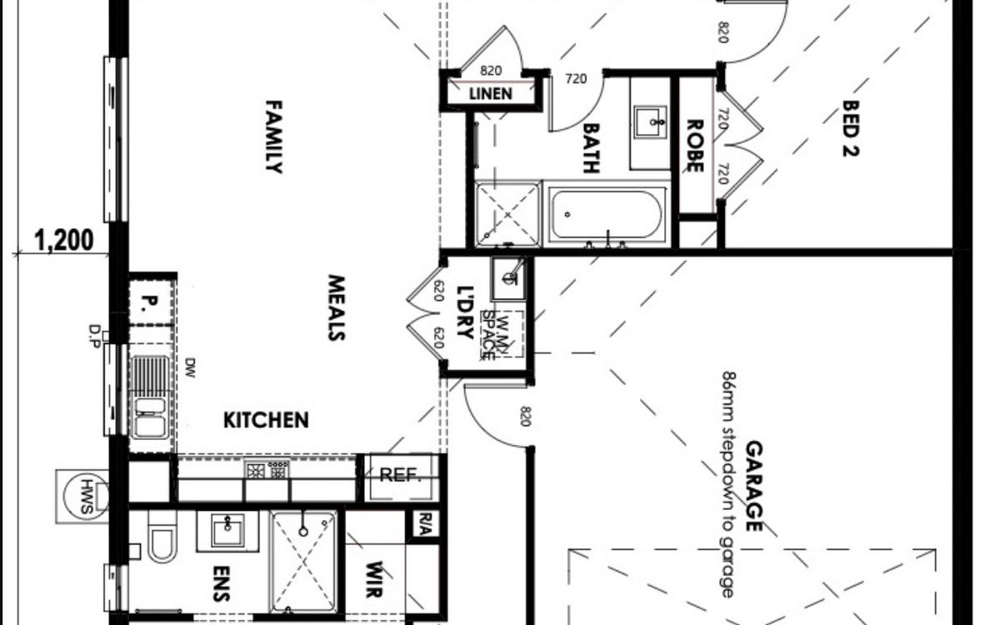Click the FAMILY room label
click(274, 137)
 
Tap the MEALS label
click(337, 307)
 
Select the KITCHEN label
click(266, 420)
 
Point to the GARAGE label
click(754, 486)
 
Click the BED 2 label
click(851, 128)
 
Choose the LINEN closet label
click(491, 93)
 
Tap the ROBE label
click(695, 146)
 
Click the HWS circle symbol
click(86, 496)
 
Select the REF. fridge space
click(401, 477)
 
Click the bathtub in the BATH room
click(607, 214)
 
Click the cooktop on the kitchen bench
click(267, 471)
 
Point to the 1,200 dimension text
click(64, 241)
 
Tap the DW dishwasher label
click(190, 367)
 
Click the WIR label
click(373, 579)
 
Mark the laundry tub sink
click(509, 278)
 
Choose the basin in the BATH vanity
click(651, 121)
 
